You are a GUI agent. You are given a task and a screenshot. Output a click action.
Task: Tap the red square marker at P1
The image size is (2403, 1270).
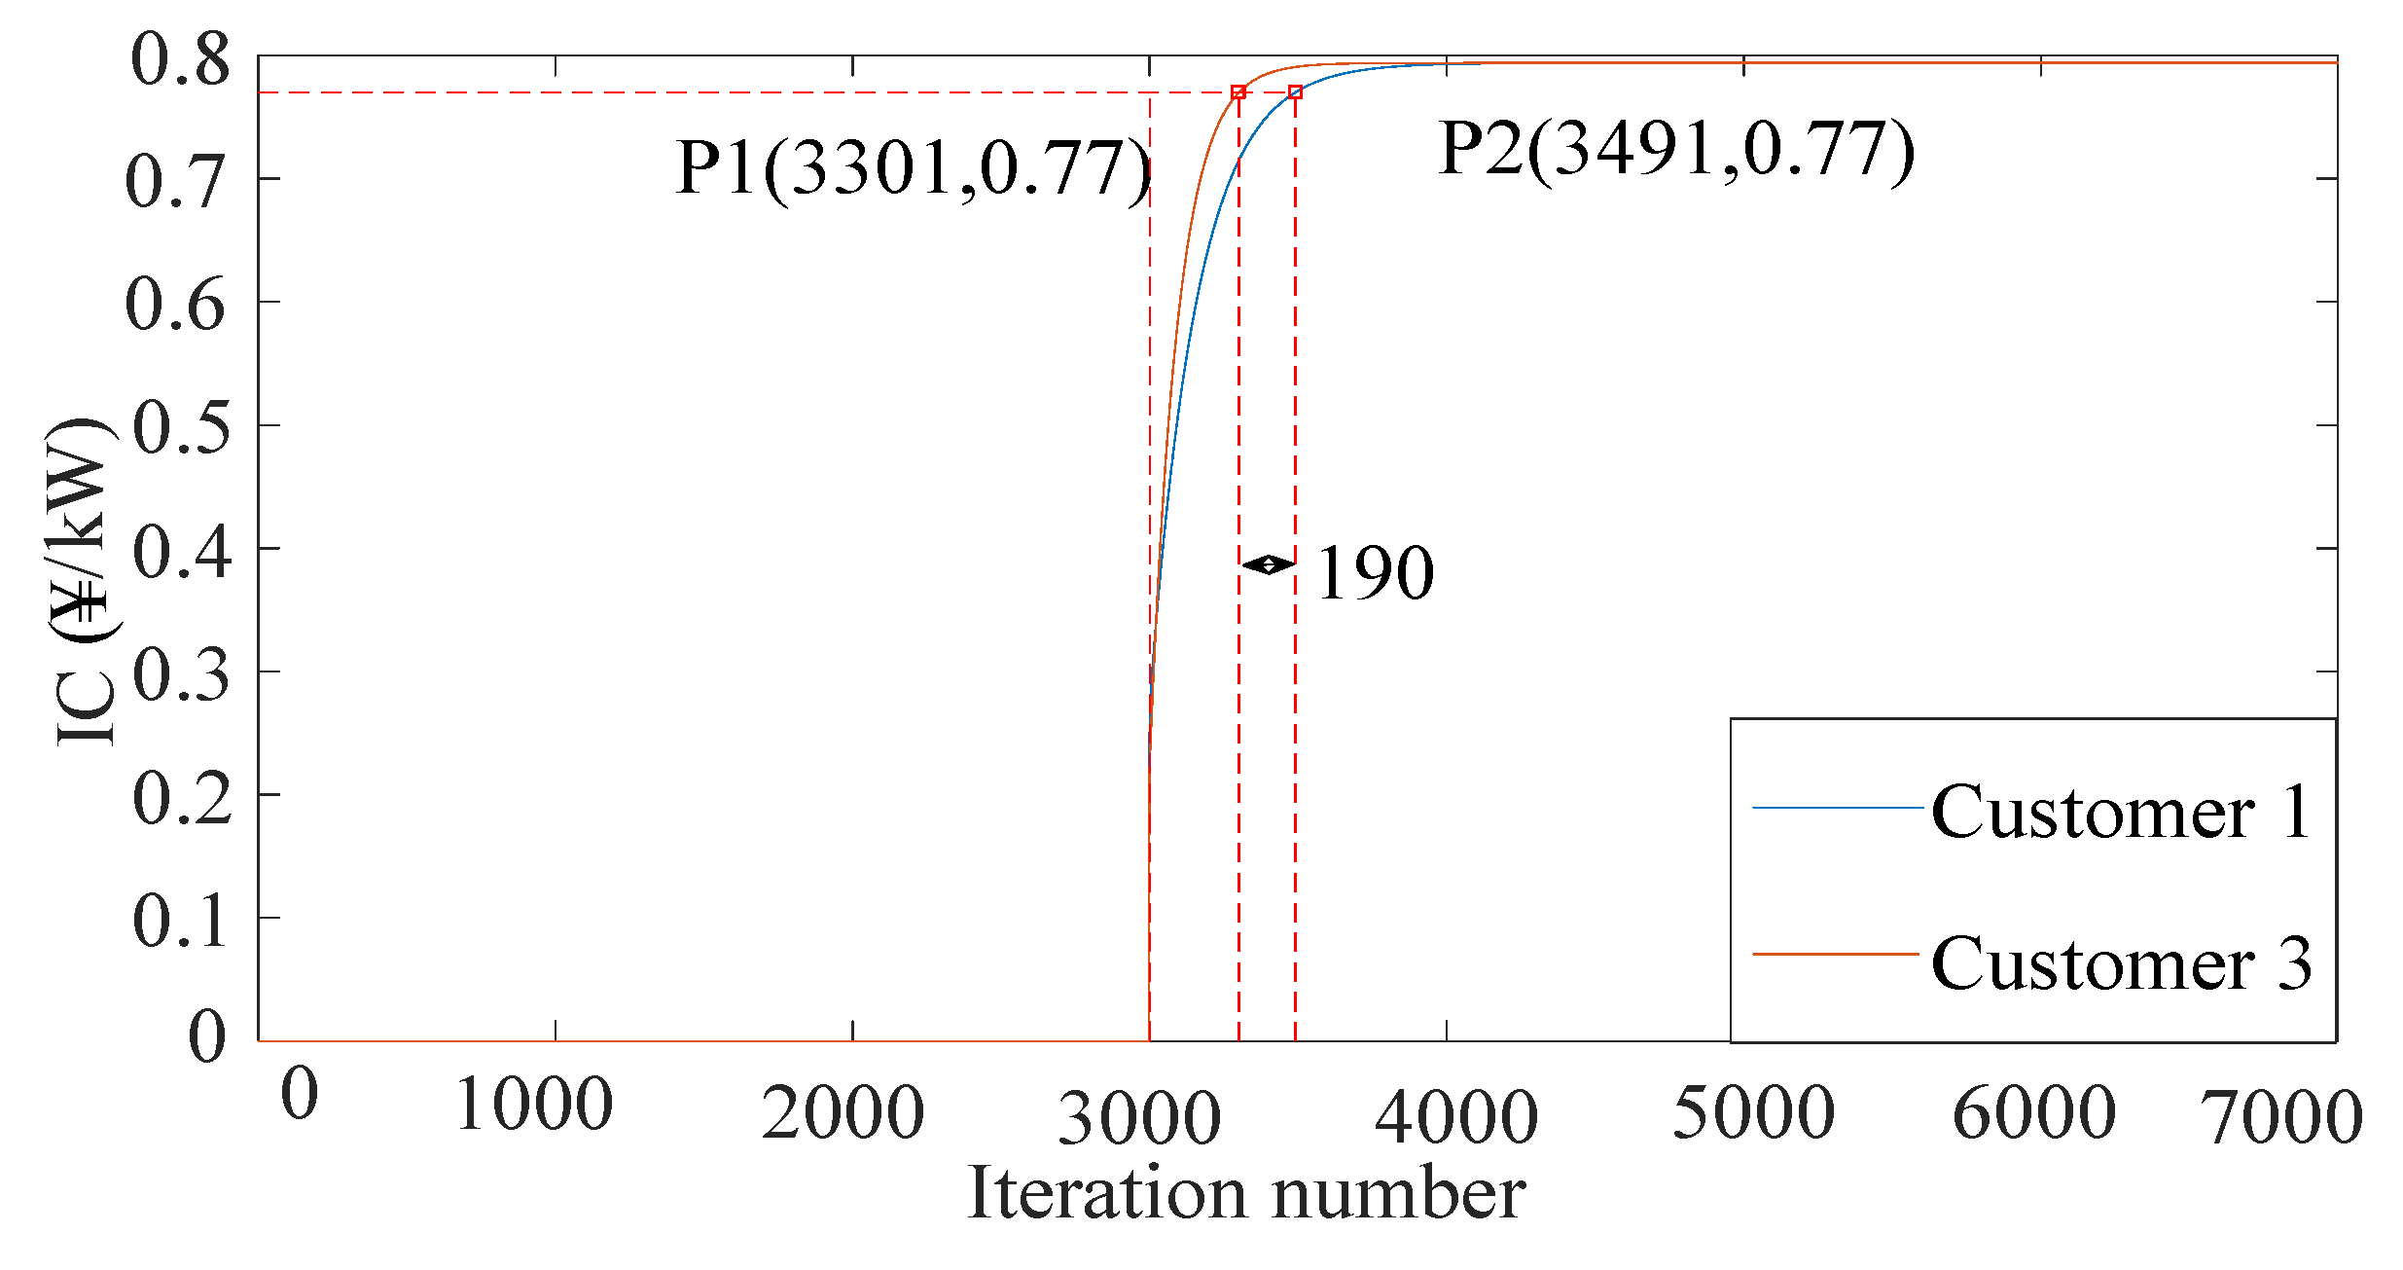(1238, 92)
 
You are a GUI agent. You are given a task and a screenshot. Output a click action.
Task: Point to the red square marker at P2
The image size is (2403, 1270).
(1295, 92)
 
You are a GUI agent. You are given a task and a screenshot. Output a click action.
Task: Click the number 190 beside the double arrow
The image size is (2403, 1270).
(1375, 573)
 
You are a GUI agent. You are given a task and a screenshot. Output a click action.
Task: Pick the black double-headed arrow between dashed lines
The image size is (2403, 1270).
(1268, 564)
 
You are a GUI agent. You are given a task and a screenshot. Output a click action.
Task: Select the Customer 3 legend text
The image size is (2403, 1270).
(2121, 963)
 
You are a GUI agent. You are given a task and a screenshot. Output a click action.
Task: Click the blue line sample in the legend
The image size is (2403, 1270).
(1837, 808)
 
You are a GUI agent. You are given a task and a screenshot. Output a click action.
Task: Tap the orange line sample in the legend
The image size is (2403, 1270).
(1837, 955)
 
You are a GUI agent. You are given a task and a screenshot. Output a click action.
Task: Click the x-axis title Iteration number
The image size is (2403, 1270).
(1246, 1194)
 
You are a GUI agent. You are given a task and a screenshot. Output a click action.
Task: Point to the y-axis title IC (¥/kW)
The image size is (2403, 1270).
(83, 584)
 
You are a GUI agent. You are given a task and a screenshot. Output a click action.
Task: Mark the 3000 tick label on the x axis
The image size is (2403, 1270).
(1139, 1118)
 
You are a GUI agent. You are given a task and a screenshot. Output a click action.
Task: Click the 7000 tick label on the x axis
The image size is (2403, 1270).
(2281, 1117)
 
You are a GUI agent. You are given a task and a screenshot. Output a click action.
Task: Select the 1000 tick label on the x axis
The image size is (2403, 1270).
(534, 1105)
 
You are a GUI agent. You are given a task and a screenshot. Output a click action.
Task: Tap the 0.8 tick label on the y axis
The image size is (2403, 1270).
(180, 60)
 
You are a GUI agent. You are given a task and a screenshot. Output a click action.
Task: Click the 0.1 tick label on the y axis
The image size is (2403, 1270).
(180, 920)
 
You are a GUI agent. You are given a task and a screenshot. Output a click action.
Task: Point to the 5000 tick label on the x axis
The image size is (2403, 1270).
(1753, 1112)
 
